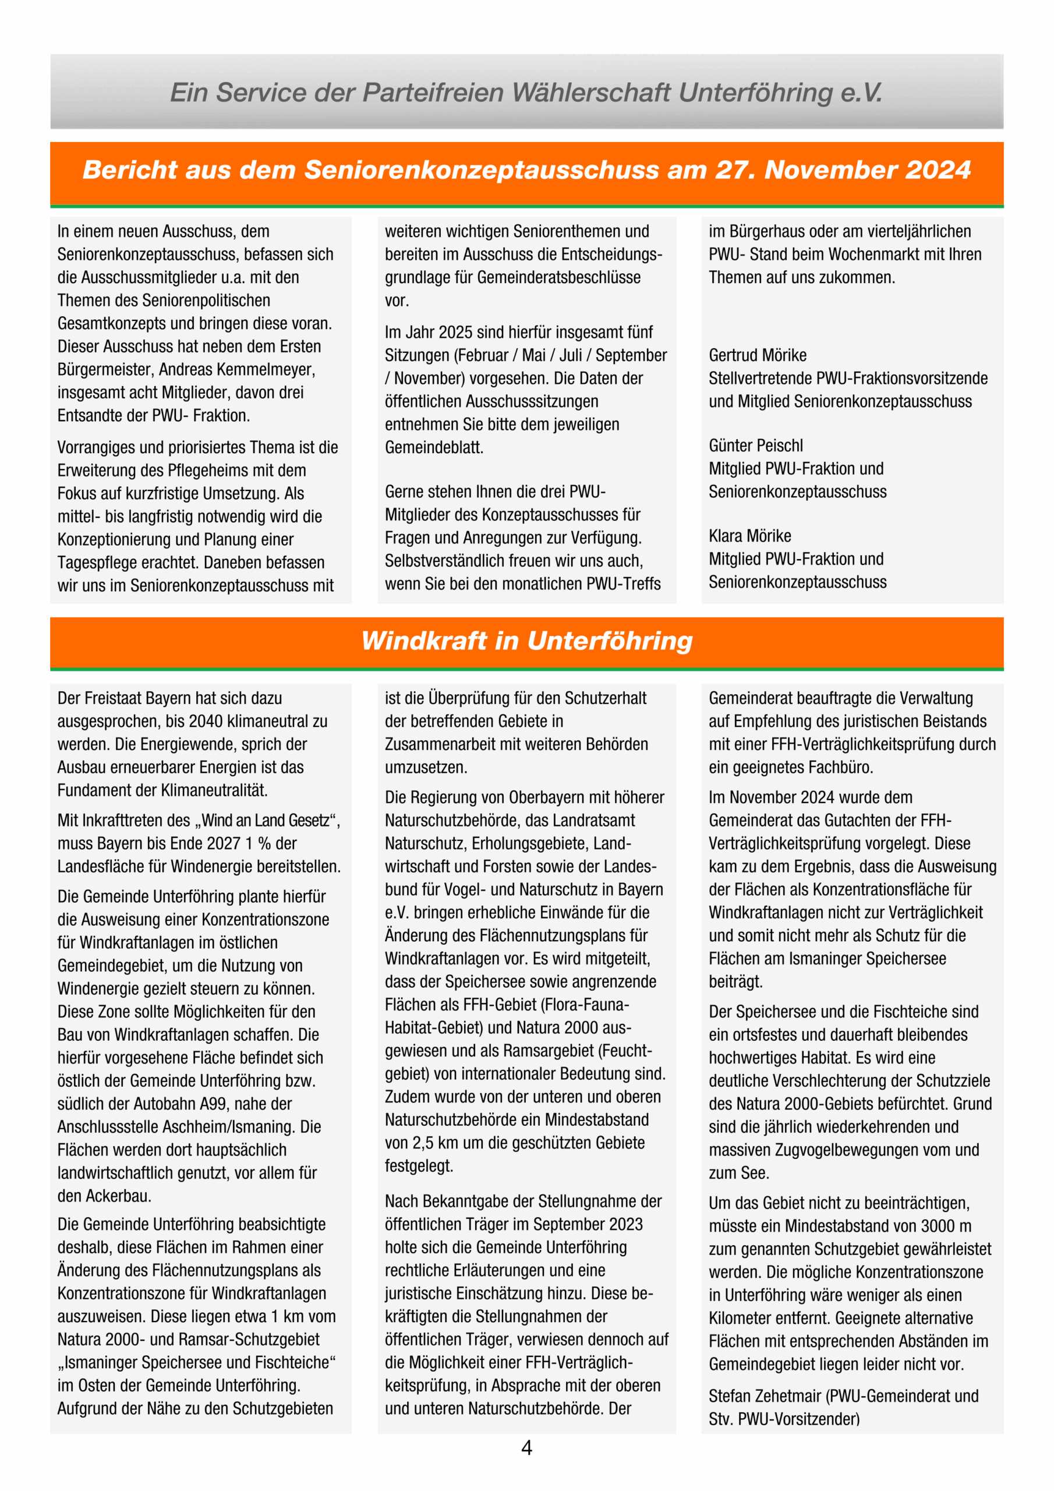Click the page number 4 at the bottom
pyautogui.click(x=526, y=1448)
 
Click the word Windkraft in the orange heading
pyautogui.click(x=423, y=641)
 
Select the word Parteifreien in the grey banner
pyautogui.click(x=432, y=92)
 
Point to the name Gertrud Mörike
pyautogui.click(x=757, y=355)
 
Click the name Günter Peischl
pyautogui.click(x=755, y=446)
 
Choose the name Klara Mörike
pyautogui.click(x=749, y=536)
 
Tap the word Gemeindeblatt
pyautogui.click(x=434, y=447)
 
